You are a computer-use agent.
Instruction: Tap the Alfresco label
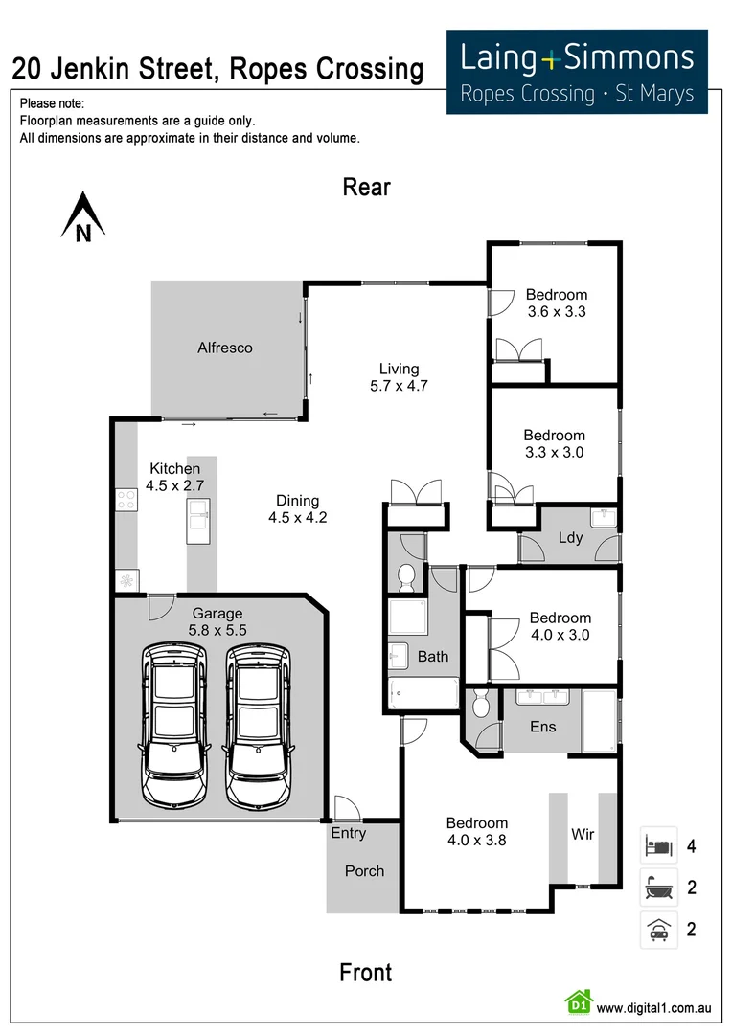[x=225, y=348]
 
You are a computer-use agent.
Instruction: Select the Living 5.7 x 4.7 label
[x=399, y=377]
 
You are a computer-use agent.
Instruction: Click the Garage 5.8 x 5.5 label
[x=218, y=622]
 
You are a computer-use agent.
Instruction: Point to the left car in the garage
[x=173, y=725]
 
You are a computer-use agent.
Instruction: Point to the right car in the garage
[x=257, y=725]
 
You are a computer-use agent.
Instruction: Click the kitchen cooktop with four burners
[x=126, y=501]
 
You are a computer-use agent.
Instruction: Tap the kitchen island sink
[x=200, y=520]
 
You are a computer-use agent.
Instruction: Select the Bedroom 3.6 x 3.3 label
[x=556, y=303]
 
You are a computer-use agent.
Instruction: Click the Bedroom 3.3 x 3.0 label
[x=554, y=443]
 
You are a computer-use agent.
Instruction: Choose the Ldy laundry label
[x=570, y=537]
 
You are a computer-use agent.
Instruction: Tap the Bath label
[x=433, y=657]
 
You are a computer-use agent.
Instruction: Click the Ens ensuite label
[x=542, y=726]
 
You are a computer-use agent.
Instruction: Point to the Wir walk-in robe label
[x=583, y=834]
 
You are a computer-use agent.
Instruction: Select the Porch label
[x=364, y=871]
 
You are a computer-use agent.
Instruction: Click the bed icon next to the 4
[x=658, y=846]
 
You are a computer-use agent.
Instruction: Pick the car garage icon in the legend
[x=658, y=930]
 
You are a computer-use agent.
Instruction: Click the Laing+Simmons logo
[x=577, y=72]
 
